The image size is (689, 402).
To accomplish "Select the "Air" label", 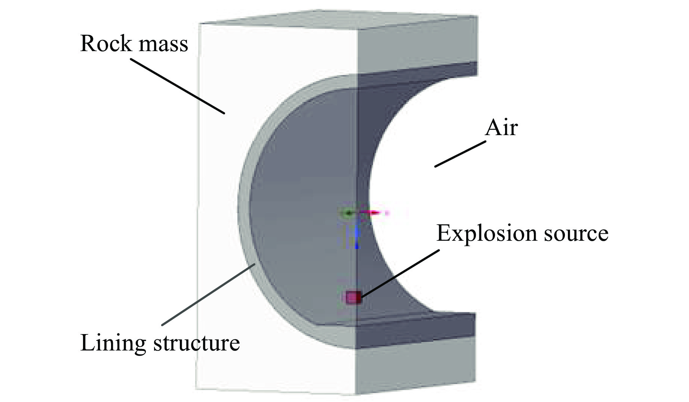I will click(x=501, y=128).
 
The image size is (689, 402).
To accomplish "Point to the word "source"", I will click(x=577, y=234).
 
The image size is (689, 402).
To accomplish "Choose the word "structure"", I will click(x=197, y=343).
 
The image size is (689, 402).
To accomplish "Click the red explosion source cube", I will click(x=353, y=297).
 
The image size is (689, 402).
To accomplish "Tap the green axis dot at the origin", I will click(x=348, y=213).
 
